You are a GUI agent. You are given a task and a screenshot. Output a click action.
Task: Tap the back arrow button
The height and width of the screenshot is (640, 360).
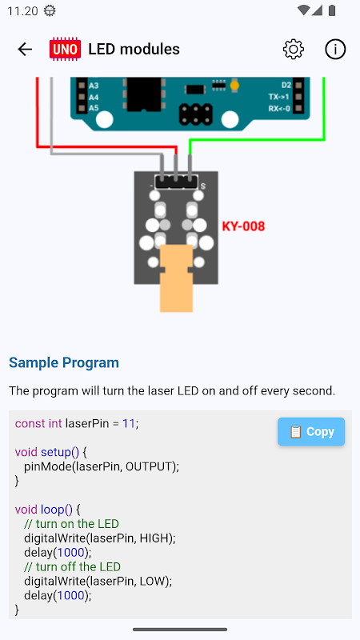point(25,50)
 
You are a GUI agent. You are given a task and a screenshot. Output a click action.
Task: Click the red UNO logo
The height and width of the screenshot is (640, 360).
point(65,50)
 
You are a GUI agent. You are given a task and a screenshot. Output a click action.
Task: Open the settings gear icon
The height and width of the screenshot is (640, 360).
point(294,50)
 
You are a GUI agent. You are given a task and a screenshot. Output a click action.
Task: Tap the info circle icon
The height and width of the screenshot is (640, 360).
point(335,50)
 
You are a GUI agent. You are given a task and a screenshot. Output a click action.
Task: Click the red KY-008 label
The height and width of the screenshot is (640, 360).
point(243,226)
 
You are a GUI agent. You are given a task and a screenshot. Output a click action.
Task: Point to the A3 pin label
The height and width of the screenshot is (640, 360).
point(94,86)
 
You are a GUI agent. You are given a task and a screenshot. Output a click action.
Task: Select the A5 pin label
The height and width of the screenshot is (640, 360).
point(94,109)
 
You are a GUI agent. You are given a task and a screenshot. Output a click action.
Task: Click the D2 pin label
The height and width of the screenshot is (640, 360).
point(286,86)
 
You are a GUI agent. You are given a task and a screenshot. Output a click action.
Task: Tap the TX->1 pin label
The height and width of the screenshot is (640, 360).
point(279,97)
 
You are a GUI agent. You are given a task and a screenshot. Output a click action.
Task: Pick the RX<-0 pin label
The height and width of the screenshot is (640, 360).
point(279,109)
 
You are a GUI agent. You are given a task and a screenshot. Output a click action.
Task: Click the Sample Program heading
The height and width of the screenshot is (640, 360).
point(64,362)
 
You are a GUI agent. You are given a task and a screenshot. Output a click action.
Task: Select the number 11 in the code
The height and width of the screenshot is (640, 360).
point(129,424)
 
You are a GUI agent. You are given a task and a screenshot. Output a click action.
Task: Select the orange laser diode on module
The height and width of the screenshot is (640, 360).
point(176,278)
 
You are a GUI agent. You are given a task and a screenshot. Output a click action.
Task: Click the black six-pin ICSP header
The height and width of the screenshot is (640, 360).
point(196,114)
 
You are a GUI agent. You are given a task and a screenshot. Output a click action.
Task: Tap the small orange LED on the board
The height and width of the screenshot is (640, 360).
point(234,86)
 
